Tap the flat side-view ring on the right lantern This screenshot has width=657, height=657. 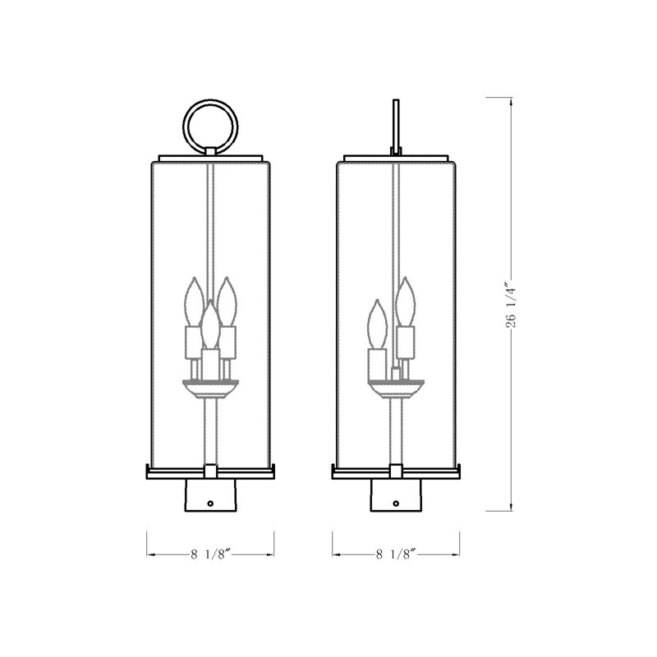396,123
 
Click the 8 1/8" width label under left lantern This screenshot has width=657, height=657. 210,555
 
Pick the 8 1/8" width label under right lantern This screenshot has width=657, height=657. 396,555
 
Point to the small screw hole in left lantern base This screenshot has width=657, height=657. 211,502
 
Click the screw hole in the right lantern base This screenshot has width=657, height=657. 396,502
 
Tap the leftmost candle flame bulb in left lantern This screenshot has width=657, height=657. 195,301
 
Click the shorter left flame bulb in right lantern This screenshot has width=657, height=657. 378,324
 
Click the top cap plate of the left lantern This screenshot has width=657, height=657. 210,156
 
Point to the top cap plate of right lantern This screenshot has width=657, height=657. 396,156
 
